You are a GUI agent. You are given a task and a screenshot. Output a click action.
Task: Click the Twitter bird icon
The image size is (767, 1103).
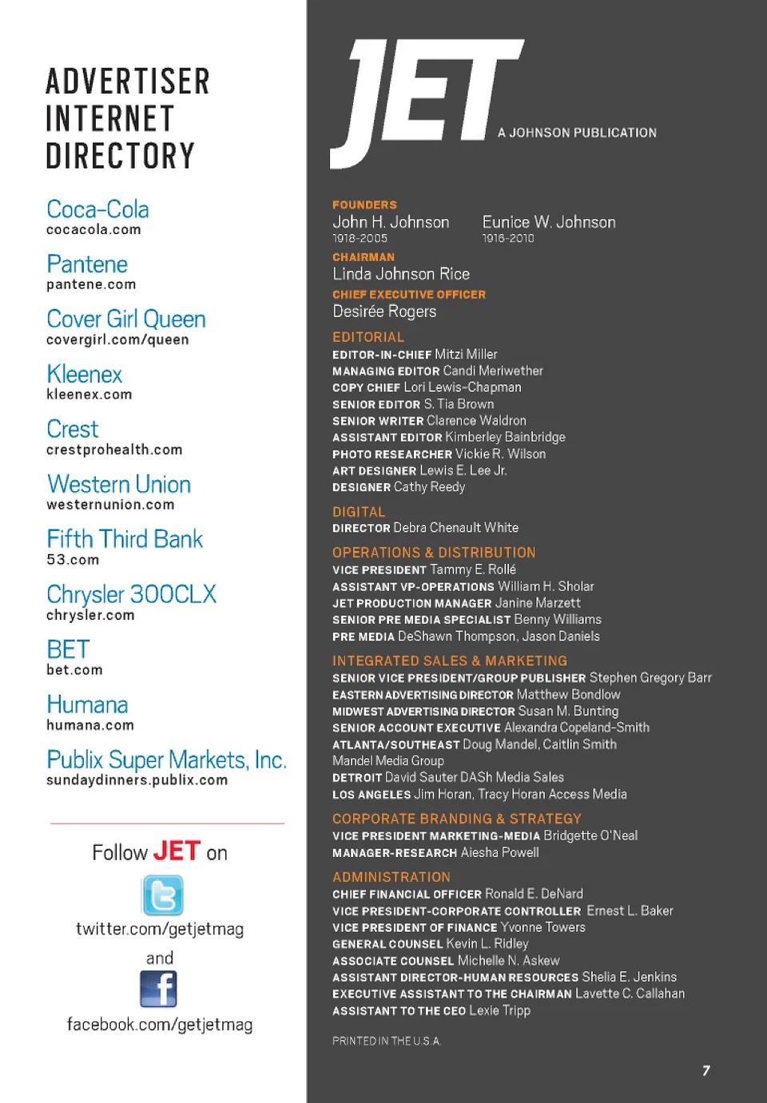pyautogui.click(x=162, y=895)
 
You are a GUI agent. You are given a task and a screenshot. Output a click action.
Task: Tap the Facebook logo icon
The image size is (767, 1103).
pyautogui.click(x=158, y=989)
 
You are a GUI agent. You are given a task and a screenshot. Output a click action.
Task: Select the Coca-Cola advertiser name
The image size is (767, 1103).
pyautogui.click(x=97, y=209)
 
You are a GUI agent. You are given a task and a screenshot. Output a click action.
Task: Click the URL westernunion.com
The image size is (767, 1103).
pyautogui.click(x=110, y=505)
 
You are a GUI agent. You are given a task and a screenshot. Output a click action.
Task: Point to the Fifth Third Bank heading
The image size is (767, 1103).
pyautogui.click(x=125, y=539)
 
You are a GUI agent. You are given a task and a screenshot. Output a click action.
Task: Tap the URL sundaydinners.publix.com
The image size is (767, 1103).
pyautogui.click(x=137, y=780)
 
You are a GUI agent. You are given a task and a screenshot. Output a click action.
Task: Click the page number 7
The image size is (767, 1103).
pyautogui.click(x=706, y=1070)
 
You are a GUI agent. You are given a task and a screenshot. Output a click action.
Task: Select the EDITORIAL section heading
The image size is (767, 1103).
pyautogui.click(x=368, y=337)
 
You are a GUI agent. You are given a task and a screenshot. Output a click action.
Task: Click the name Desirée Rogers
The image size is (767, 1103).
pyautogui.click(x=384, y=311)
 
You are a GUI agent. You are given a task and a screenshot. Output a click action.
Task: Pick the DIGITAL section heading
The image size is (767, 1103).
pyautogui.click(x=359, y=512)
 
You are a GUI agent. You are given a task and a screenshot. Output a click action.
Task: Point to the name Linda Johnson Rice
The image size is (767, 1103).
pyautogui.click(x=401, y=274)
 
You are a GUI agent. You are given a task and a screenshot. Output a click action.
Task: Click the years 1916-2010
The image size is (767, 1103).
pyautogui.click(x=508, y=238)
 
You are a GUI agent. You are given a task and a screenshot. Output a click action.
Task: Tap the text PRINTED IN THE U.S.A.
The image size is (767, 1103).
pyautogui.click(x=387, y=1041)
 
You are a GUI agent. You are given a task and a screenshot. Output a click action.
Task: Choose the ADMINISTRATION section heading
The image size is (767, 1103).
pyautogui.click(x=391, y=877)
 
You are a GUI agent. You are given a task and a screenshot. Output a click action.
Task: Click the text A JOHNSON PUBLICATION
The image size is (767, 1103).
pyautogui.click(x=577, y=133)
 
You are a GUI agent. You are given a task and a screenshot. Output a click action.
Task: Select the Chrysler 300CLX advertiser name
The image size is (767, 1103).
pyautogui.click(x=131, y=594)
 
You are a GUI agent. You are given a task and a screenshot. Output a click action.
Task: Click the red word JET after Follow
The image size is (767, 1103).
pyautogui.click(x=177, y=851)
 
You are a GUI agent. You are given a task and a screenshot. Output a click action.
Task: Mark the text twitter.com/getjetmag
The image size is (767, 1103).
pyautogui.click(x=160, y=929)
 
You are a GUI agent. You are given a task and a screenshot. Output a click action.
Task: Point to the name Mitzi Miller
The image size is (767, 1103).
pyautogui.click(x=466, y=354)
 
